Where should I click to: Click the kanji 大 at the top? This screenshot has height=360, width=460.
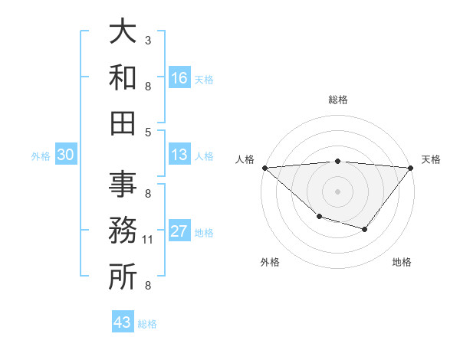click(123, 32)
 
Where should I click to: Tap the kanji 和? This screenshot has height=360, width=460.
click(123, 77)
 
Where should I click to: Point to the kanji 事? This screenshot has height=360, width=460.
click(123, 185)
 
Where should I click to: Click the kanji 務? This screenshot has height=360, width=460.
click(123, 231)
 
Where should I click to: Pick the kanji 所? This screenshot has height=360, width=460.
click(123, 277)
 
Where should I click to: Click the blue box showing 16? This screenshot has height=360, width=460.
click(179, 78)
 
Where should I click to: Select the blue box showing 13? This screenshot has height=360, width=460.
click(179, 155)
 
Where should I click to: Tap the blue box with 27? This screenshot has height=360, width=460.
click(179, 232)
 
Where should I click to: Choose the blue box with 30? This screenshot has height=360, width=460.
click(65, 155)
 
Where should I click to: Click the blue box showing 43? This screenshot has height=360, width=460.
click(123, 322)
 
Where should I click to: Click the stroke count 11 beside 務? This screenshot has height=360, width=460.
click(148, 240)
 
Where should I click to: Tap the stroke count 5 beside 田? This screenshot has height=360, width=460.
click(148, 132)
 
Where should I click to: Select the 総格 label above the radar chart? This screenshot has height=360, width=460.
click(337, 100)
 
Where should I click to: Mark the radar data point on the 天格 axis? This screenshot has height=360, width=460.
click(412, 168)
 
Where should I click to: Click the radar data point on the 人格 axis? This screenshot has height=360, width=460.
click(264, 168)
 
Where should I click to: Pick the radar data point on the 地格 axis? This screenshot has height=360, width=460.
click(365, 229)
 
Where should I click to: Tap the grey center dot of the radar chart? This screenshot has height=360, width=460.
click(337, 191)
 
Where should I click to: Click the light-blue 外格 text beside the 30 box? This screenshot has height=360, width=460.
click(41, 155)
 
